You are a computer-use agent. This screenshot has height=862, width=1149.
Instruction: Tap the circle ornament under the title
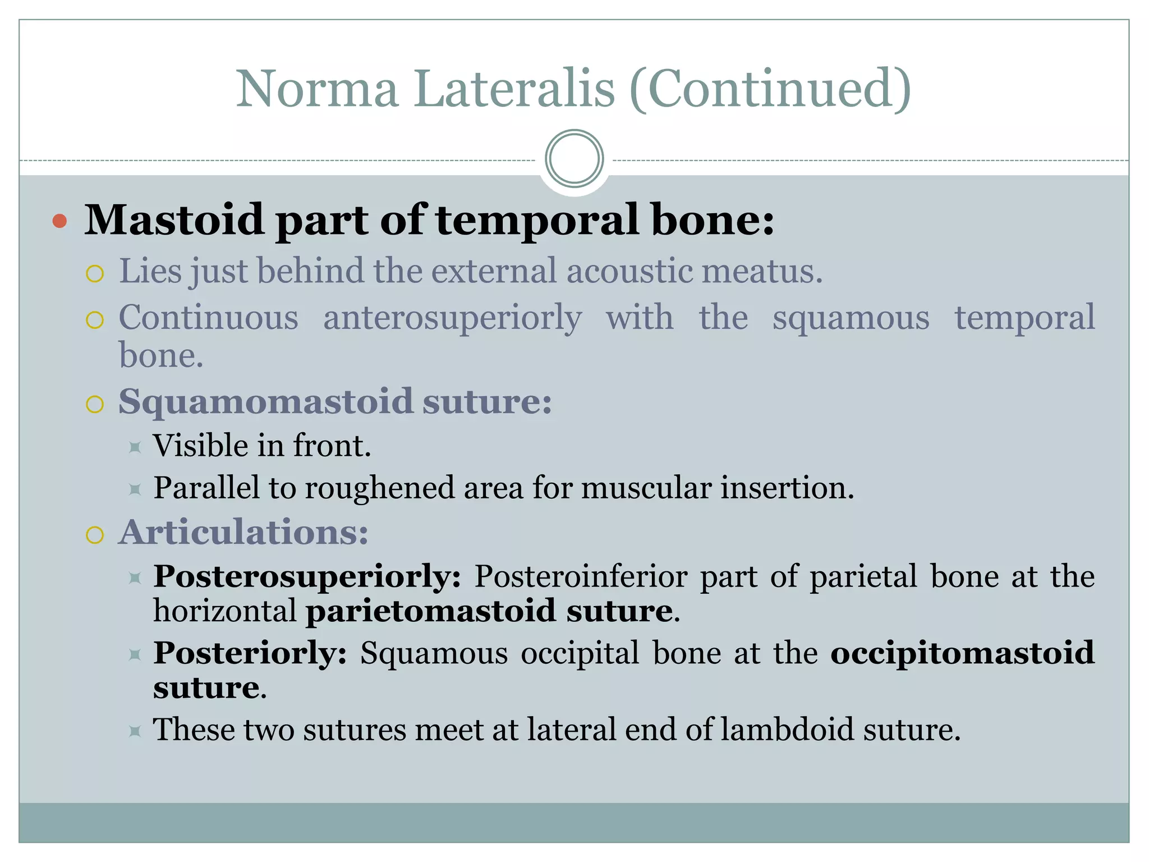(x=574, y=159)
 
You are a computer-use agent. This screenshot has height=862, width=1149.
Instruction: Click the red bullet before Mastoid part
(x=59, y=221)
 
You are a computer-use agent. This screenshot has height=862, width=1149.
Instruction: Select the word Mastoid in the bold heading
(x=174, y=220)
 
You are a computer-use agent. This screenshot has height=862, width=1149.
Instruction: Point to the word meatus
(x=762, y=272)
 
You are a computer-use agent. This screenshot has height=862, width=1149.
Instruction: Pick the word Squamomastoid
(x=265, y=402)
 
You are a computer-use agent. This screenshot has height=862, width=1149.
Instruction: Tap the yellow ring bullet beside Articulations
(x=95, y=535)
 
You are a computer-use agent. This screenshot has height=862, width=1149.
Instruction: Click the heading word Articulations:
(x=243, y=532)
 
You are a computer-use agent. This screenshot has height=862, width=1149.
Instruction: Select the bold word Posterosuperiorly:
(x=307, y=576)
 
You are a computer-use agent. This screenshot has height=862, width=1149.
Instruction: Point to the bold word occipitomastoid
(x=962, y=653)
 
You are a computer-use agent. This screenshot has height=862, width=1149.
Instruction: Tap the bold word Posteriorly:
(x=250, y=653)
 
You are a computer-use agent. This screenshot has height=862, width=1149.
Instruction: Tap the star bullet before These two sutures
(x=135, y=731)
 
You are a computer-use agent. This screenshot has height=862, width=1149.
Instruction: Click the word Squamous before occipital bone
(x=434, y=653)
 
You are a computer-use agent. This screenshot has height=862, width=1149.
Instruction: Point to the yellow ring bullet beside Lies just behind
(x=95, y=274)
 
